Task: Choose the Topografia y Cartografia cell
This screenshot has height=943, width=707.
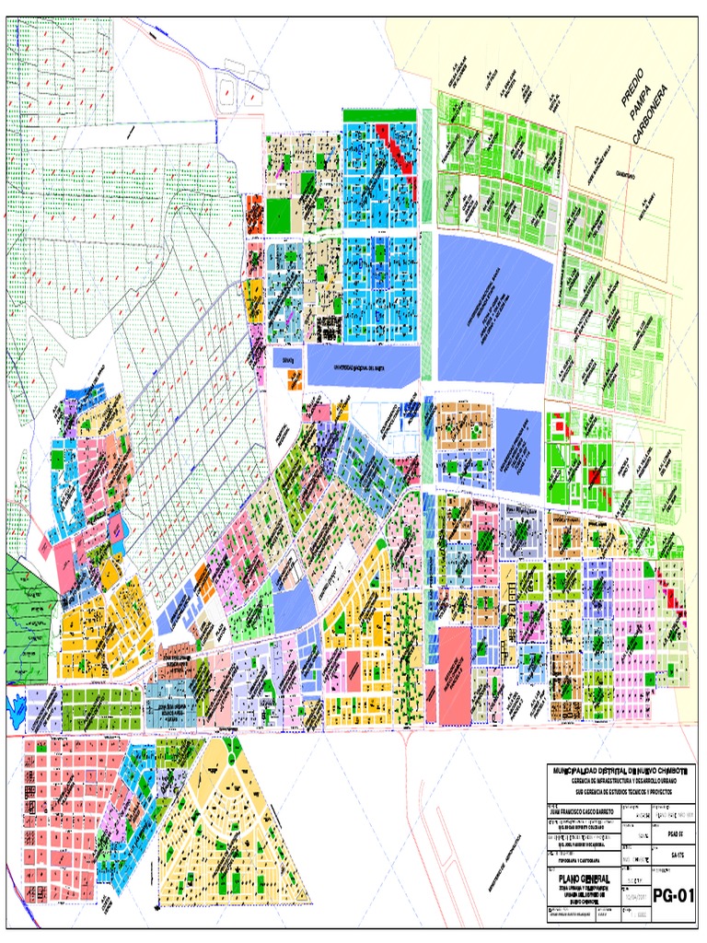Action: [x=573, y=843]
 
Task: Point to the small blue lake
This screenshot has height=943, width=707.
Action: [x=15, y=707]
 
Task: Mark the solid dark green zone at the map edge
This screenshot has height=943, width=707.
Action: [x=28, y=608]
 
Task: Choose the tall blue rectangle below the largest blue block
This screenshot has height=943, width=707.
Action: [x=519, y=451]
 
